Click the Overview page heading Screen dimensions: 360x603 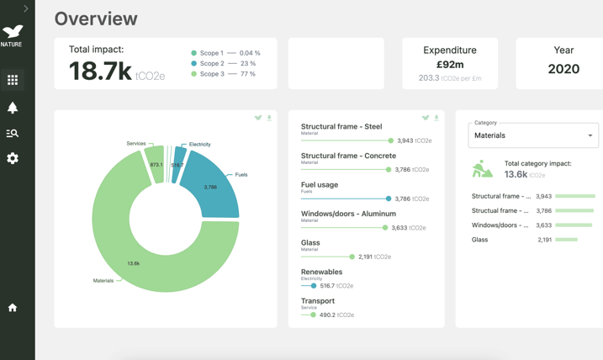96,19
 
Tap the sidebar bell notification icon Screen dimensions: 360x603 13,108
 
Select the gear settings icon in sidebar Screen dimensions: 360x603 13,158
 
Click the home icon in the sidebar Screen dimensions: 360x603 13,308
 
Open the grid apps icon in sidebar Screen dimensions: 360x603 13,80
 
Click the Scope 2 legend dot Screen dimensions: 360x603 194,63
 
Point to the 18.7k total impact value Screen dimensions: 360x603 100,71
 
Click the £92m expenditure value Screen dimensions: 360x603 450,64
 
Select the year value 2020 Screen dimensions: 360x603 563,69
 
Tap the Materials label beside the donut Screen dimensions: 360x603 103,281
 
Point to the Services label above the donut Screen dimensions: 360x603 135,144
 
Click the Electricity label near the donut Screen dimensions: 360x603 200,145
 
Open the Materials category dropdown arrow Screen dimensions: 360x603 590,135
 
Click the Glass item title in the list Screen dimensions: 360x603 310,242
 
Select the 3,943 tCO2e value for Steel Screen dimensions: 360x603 415,141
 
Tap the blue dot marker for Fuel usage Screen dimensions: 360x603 389,199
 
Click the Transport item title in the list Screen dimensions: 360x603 318,300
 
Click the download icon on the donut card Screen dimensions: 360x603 269,118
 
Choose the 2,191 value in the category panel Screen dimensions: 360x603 545,240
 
